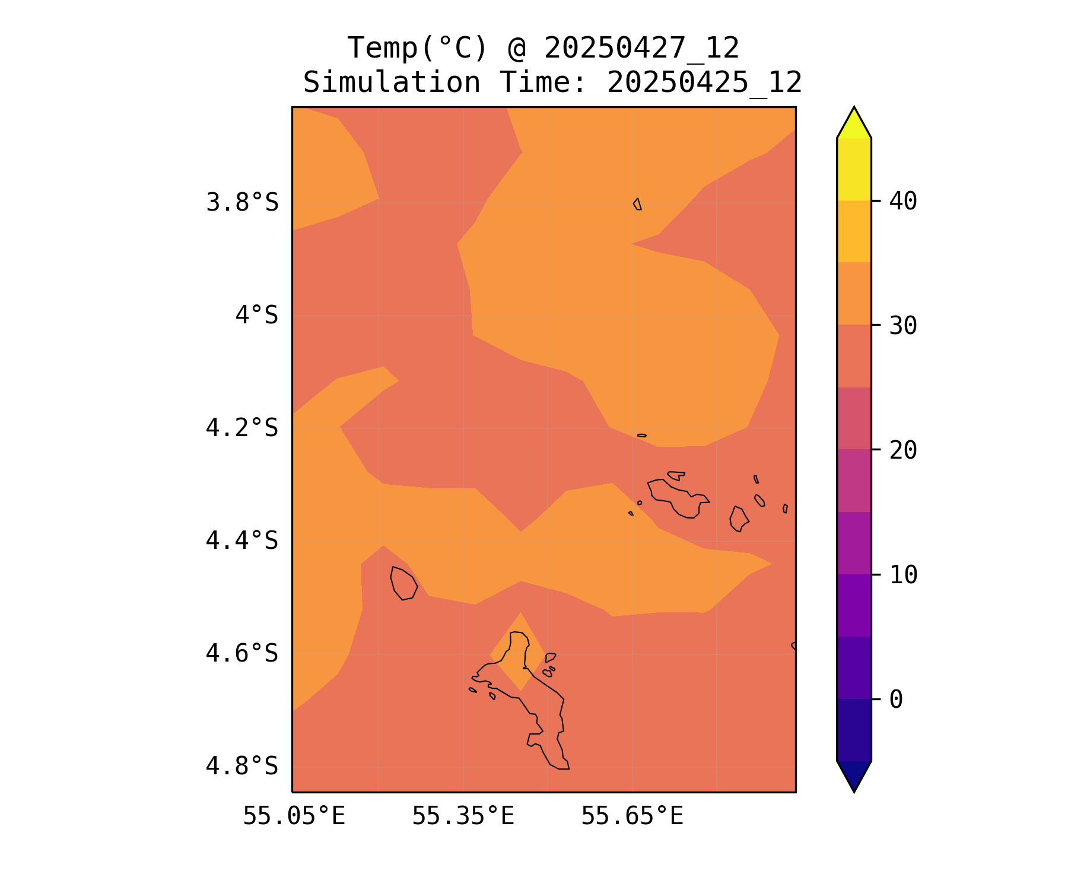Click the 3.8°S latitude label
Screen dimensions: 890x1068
tap(242, 203)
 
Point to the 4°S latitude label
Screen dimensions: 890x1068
tap(256, 315)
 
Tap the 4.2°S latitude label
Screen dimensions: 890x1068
tap(242, 428)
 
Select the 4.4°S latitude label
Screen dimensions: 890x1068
tap(242, 541)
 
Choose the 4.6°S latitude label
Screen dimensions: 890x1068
tap(242, 653)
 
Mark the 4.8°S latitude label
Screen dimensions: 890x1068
tap(242, 766)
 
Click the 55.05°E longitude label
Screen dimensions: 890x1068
tap(294, 816)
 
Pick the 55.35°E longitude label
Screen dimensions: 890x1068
tap(463, 816)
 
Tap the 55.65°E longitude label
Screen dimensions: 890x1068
tap(632, 816)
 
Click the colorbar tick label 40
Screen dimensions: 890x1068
tap(903, 201)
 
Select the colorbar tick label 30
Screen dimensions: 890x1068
tap(903, 325)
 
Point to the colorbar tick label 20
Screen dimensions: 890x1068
tap(903, 450)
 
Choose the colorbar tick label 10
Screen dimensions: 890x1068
tap(903, 574)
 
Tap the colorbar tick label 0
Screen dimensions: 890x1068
tap(896, 700)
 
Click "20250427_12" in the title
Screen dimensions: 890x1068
tap(641, 48)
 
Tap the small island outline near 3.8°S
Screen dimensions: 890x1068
tap(637, 204)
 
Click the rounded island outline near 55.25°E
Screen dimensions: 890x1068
tap(403, 583)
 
